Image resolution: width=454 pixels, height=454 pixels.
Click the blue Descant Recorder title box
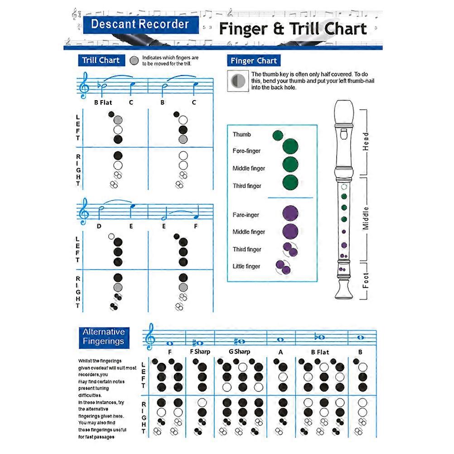[x=141, y=24]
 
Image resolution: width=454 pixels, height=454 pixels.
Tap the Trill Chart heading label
[x=101, y=60]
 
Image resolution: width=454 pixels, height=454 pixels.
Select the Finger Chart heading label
[x=254, y=61]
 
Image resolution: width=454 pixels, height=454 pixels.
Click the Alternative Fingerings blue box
[x=104, y=338]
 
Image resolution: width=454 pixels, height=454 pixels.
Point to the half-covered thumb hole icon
[x=238, y=81]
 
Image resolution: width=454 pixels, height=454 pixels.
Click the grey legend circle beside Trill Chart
[x=134, y=61]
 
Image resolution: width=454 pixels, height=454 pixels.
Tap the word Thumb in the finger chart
[x=242, y=135]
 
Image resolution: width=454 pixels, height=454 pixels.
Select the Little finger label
[x=246, y=266]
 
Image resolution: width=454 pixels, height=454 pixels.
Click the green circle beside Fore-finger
[x=290, y=146]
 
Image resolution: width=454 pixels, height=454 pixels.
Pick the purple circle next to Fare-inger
[x=290, y=213]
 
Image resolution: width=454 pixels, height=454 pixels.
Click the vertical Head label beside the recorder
[x=366, y=141]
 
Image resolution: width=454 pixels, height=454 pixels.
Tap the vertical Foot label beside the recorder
[x=366, y=280]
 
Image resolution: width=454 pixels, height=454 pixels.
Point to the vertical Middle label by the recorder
[x=366, y=218]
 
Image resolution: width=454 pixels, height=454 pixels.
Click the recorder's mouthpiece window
[x=344, y=134]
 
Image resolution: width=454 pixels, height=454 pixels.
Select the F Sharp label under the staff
[x=200, y=352]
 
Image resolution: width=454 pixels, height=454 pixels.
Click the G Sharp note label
[x=239, y=352]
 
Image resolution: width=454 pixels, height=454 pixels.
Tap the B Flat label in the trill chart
[x=103, y=102]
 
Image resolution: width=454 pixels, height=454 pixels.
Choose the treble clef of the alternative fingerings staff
[x=150, y=337]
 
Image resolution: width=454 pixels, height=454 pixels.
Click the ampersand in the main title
[x=278, y=29]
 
